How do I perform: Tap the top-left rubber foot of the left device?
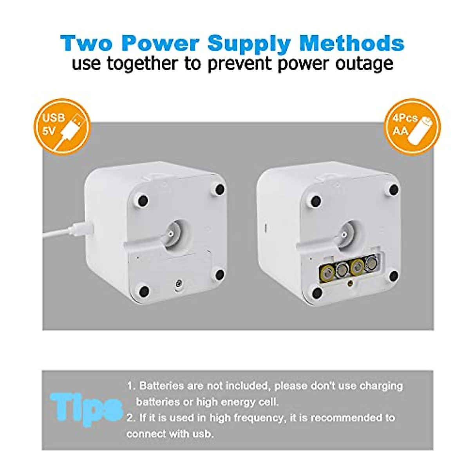coord(143,201)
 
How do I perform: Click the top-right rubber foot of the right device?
coord(394,190)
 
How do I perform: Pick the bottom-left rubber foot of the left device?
coord(144,291)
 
